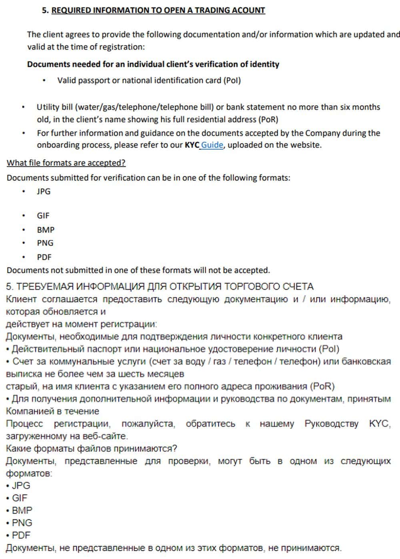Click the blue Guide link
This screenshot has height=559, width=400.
pos(212,145)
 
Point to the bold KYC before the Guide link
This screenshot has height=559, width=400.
pos(192,145)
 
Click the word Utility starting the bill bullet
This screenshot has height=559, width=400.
pos(48,107)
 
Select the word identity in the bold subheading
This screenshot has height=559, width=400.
pos(264,64)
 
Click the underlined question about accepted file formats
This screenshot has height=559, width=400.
pos(66,163)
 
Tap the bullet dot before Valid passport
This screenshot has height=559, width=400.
pos(44,80)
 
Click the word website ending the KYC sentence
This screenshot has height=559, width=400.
pos(306,145)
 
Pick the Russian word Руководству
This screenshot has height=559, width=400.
pos(331,424)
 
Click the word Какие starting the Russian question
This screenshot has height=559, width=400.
pos(20,449)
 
